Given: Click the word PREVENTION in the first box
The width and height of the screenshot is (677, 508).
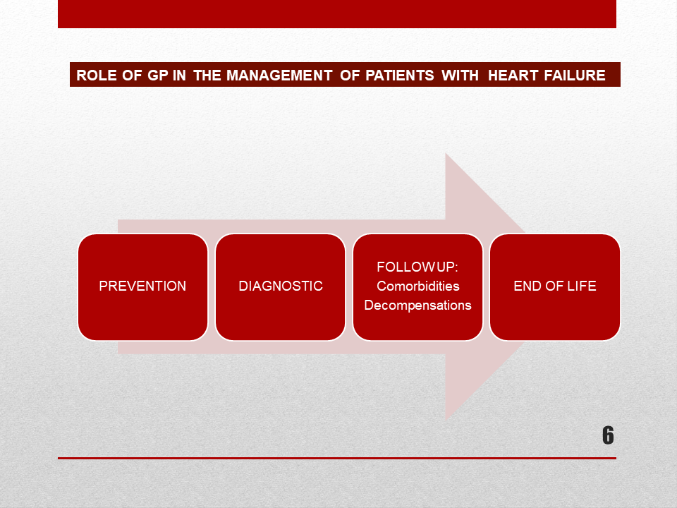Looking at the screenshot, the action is coord(142,286).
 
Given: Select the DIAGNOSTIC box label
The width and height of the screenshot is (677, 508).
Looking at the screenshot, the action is coord(281,286).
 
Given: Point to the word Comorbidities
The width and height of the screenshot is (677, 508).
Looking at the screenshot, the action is coord(418,286).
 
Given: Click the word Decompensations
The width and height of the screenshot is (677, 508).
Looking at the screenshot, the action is coord(417,306).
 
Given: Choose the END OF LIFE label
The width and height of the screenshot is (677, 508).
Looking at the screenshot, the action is coord(555,286).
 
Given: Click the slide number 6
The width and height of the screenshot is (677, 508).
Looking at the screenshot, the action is coord(608,435).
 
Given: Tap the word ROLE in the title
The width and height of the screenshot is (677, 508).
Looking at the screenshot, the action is coord(97,75).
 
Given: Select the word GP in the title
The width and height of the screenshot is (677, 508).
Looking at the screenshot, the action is coord(157,75).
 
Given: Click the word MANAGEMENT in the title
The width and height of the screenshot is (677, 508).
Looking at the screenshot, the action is coord(279,75).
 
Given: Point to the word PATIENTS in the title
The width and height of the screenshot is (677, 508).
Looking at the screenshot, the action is coord(399,75).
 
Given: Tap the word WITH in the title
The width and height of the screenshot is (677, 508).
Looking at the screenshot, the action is coord(460,75).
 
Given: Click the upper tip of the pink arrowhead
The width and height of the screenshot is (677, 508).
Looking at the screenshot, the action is coord(446,153).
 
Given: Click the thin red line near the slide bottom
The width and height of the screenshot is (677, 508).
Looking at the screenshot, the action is coord(337,458).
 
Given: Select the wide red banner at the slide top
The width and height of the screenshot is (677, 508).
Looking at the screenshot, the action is coord(337,14).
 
